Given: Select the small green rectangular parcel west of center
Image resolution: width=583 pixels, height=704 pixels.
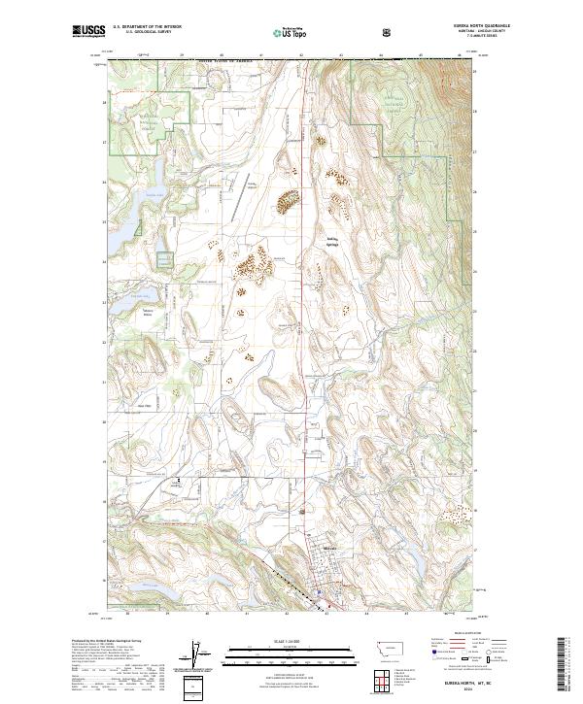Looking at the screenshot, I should (164, 260).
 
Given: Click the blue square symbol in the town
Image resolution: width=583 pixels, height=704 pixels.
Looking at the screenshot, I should (319, 587).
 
